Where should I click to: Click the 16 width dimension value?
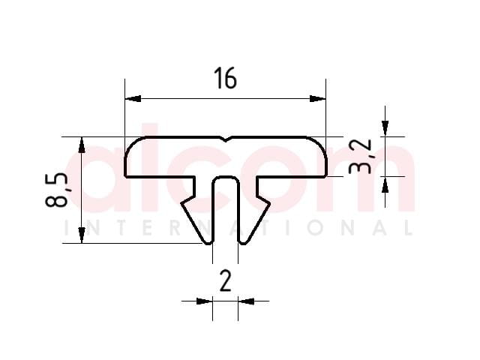click(x=226, y=78)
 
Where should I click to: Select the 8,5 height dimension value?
click(x=56, y=190)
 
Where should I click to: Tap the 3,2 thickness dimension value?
click(x=360, y=157)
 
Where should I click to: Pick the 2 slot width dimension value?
click(x=226, y=282)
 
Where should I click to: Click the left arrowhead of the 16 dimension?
click(x=133, y=98)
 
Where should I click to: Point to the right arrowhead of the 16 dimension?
click(x=318, y=98)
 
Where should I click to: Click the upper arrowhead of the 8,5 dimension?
click(x=82, y=145)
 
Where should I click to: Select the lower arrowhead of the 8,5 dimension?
click(x=82, y=235)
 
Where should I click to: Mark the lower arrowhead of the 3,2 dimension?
click(x=385, y=184)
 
